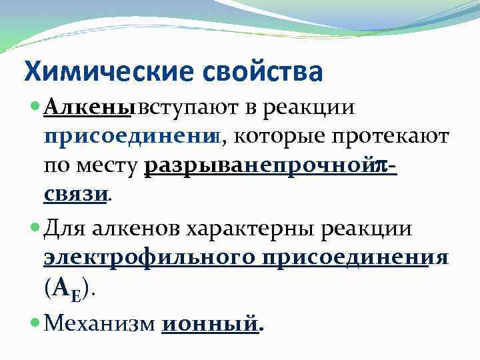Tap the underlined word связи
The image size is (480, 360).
(75, 195)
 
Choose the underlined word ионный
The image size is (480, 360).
(209, 324)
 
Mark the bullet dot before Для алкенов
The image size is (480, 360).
(35, 228)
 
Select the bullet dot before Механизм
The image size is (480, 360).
(35, 324)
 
